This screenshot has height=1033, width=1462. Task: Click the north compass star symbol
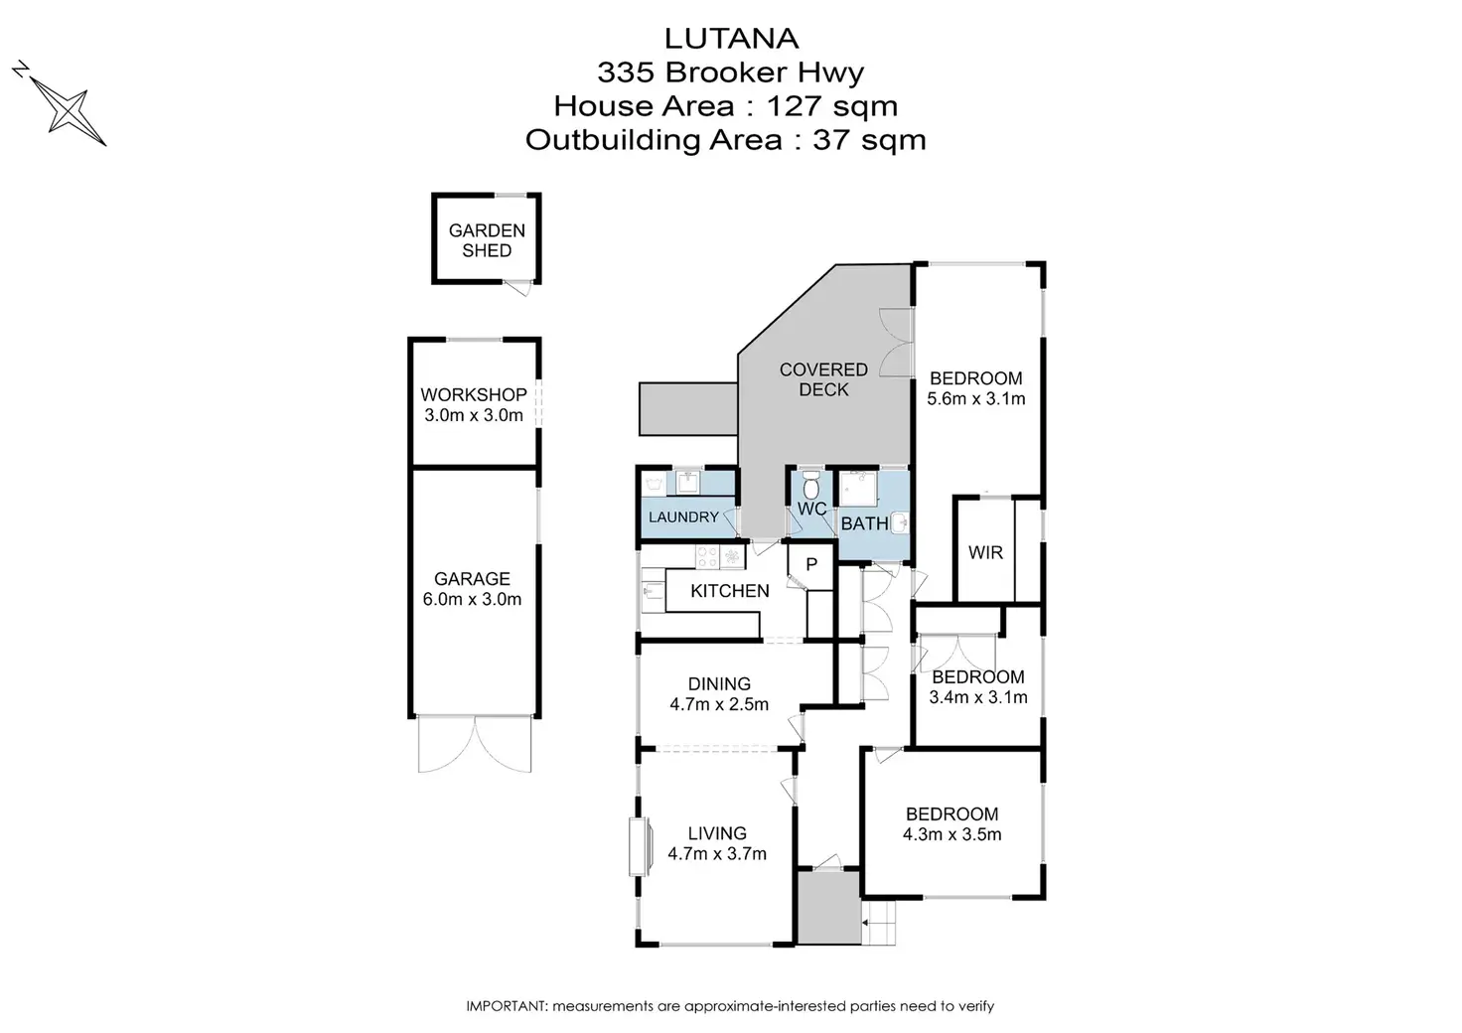pos(68,109)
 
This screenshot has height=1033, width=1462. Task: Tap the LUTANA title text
pos(731,39)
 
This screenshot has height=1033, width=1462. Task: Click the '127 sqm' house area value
pos(832,106)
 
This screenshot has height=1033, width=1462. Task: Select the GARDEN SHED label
pos(487,240)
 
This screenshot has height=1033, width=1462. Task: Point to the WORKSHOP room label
pos(474,394)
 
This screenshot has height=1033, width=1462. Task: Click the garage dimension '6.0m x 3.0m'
pos(472,599)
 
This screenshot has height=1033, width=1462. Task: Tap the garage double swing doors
pos(475,744)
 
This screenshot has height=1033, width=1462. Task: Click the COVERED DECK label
pos(823,379)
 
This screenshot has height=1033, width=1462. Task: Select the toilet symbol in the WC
pos(810,485)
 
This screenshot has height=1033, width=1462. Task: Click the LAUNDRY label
pos(683,516)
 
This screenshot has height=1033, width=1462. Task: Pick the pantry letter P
pos(811,564)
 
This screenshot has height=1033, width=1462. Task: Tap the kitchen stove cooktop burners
pos(707,556)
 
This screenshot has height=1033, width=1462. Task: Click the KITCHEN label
pos(730,591)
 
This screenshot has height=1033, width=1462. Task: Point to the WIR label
pos(985,552)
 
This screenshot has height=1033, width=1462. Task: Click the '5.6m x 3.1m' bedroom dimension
pos(975,398)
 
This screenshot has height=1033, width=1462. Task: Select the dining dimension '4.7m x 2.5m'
pos(719,704)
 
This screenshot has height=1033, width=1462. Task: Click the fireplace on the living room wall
pos(641,846)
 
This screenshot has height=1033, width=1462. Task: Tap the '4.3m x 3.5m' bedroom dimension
pos(951,834)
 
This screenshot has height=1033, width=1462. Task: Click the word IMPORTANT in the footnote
pos(506,1005)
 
